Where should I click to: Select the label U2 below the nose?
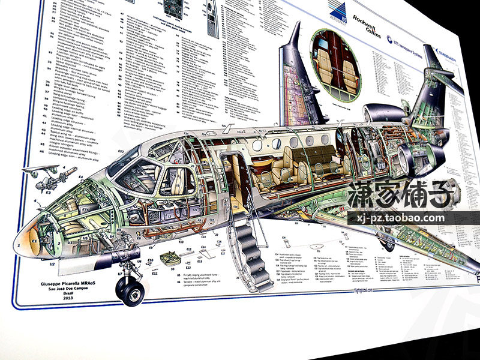point(52,263)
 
